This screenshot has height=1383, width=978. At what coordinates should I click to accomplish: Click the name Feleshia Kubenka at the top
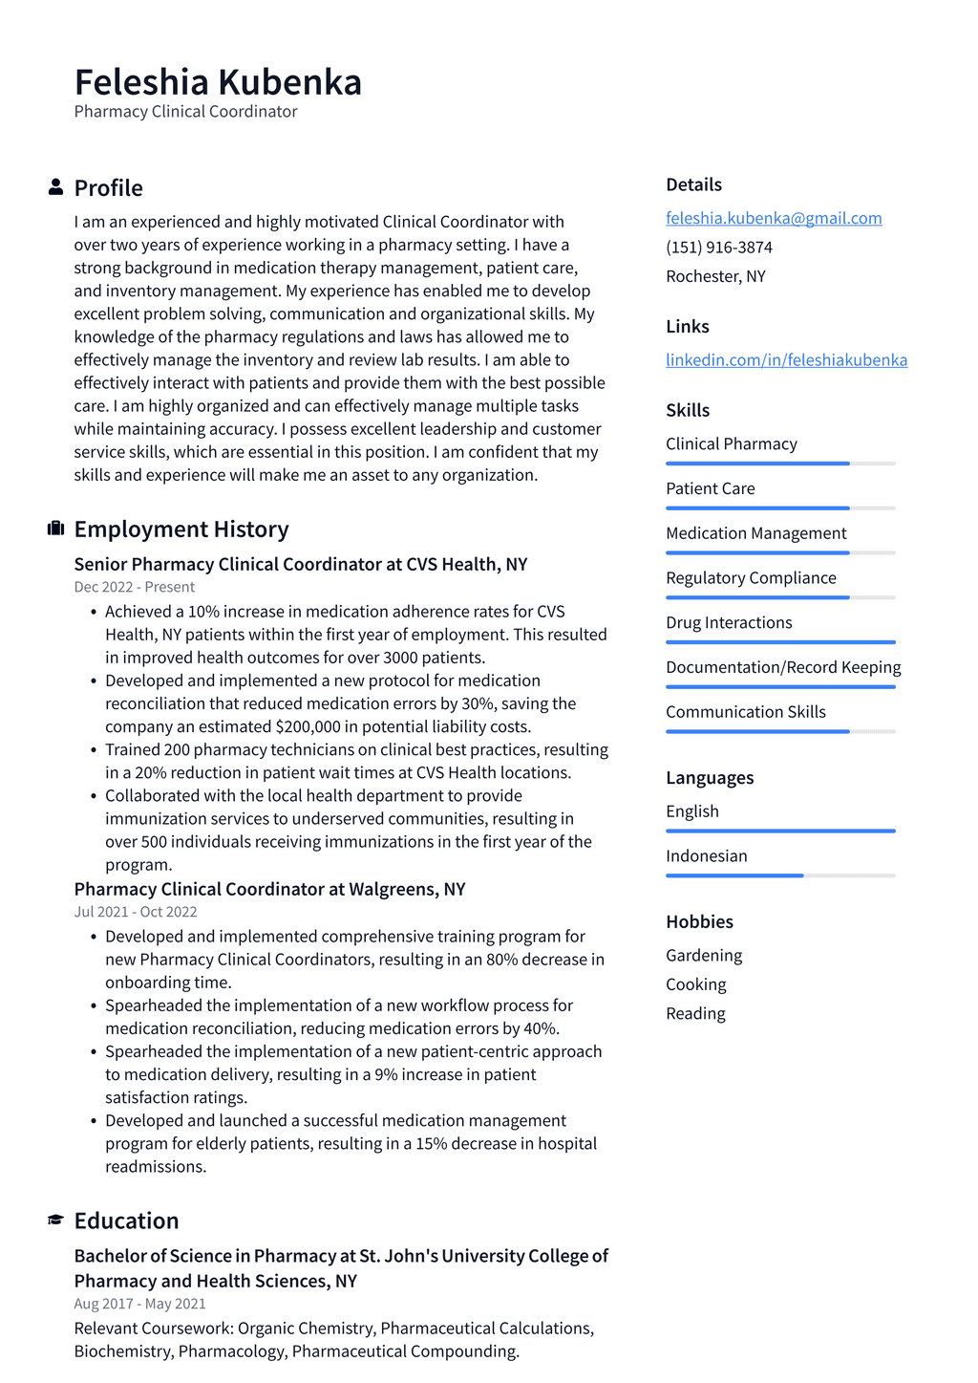pyautogui.click(x=218, y=82)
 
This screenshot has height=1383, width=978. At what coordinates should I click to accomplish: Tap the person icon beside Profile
pyautogui.click(x=55, y=187)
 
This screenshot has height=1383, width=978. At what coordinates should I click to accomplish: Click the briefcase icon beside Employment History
pyautogui.click(x=55, y=529)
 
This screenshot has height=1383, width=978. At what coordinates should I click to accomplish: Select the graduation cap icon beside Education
pyautogui.click(x=55, y=1221)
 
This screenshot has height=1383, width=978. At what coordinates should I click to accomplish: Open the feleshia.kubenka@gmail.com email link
pyautogui.click(x=774, y=218)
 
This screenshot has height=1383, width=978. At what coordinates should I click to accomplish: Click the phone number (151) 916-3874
pyautogui.click(x=719, y=248)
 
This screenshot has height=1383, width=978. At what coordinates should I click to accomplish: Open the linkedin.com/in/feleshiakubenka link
pyautogui.click(x=786, y=360)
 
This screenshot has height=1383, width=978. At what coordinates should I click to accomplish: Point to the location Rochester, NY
pyautogui.click(x=715, y=276)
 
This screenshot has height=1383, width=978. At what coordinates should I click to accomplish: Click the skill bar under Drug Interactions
pyautogui.click(x=780, y=642)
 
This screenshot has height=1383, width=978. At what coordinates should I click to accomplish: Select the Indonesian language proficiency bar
pyautogui.click(x=780, y=875)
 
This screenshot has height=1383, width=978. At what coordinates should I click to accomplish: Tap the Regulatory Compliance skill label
pyautogui.click(x=751, y=578)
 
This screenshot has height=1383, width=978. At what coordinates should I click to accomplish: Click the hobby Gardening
pyautogui.click(x=704, y=956)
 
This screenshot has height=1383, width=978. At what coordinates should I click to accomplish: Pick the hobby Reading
pyautogui.click(x=695, y=1014)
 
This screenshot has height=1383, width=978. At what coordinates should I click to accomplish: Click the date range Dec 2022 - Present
pyautogui.click(x=135, y=587)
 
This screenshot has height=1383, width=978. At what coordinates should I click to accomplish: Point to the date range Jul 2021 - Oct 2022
pyautogui.click(x=136, y=912)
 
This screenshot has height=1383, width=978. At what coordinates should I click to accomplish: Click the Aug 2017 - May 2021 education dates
pyautogui.click(x=139, y=1304)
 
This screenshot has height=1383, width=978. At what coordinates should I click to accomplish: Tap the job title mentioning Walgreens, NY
pyautogui.click(x=269, y=889)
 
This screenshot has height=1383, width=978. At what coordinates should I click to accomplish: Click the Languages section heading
pyautogui.click(x=710, y=778)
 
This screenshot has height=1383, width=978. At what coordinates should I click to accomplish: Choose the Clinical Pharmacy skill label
pyautogui.click(x=731, y=444)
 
